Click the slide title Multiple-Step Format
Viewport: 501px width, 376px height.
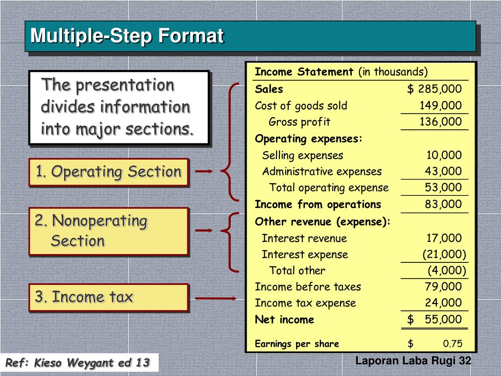point(127,36)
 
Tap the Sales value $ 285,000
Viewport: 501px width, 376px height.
point(434,89)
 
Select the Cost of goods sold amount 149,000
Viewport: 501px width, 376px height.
point(440,106)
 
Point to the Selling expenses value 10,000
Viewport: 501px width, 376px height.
point(443,156)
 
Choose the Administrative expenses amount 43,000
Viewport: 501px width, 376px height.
point(443,171)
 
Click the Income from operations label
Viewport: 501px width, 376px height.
point(318,204)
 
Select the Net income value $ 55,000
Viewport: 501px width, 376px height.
point(434,320)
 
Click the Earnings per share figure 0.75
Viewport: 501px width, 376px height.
point(453,344)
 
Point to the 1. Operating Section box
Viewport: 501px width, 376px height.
point(108,172)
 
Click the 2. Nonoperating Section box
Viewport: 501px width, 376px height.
point(108,231)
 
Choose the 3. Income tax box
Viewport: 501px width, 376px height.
point(108,297)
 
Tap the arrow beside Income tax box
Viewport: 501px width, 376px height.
point(216,298)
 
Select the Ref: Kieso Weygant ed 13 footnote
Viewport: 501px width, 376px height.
point(77,363)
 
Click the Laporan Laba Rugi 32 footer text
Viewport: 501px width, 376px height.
point(413,361)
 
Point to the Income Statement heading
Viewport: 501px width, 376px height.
point(304,72)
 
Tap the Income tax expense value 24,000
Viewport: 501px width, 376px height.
point(443,303)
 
